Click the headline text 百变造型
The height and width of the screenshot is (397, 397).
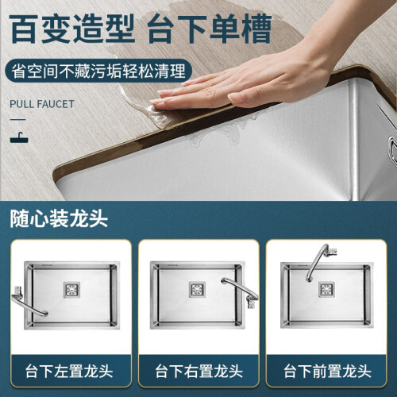coord(72,29)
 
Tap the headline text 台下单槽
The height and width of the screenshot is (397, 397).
coord(210,29)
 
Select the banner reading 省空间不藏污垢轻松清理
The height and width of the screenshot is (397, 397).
coord(98,71)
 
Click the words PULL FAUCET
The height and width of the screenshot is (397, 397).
coord(42,104)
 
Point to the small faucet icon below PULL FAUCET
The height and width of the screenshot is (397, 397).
coord(19,137)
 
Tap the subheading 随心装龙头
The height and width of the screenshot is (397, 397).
coord(59,219)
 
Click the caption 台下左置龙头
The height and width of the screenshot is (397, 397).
coord(69,371)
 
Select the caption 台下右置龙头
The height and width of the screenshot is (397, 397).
coord(199,371)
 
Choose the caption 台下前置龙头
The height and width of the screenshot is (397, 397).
coord(328,371)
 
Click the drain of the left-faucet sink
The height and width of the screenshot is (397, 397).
coord(71,290)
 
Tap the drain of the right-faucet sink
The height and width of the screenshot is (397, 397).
coord(197,289)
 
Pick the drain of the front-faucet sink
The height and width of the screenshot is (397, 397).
coord(326,289)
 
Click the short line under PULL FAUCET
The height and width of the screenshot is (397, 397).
coord(17,119)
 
